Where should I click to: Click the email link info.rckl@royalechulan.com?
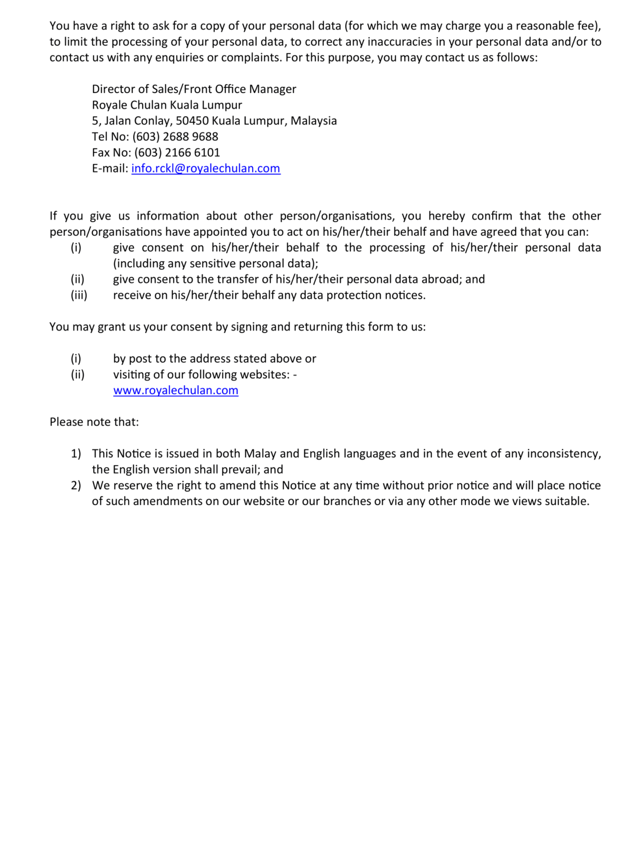pyautogui.click(x=206, y=168)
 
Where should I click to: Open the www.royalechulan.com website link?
pyautogui.click(x=176, y=390)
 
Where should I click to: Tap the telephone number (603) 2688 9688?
pyautogui.click(x=175, y=136)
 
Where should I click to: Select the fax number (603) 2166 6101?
pyautogui.click(x=177, y=152)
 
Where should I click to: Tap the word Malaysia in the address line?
pyautogui.click(x=313, y=121)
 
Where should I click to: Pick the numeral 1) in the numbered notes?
pyautogui.click(x=76, y=453)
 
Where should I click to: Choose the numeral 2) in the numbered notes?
pyautogui.click(x=76, y=485)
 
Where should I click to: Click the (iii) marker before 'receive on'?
pyautogui.click(x=79, y=295)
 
